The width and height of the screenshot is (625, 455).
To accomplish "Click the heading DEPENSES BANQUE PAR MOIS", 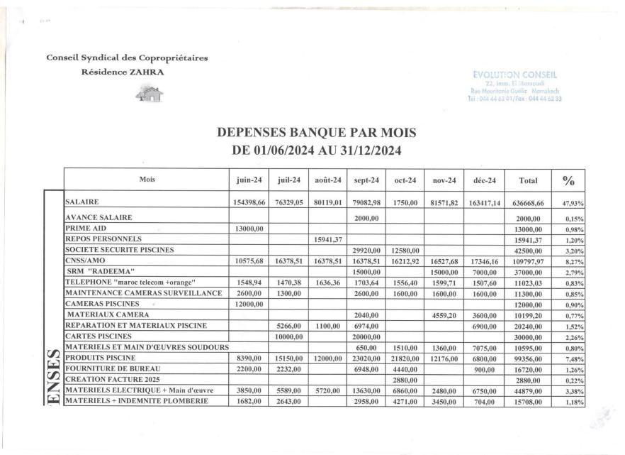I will tap(312, 132).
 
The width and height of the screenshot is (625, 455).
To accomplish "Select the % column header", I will tap(568, 180).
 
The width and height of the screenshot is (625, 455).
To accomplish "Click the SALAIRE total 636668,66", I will tap(531, 203).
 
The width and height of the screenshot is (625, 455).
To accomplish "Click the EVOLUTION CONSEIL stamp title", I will tap(518, 72).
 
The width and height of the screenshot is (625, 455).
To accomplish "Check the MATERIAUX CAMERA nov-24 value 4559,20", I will tap(444, 314).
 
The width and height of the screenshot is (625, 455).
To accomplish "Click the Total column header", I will tap(531, 180).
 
